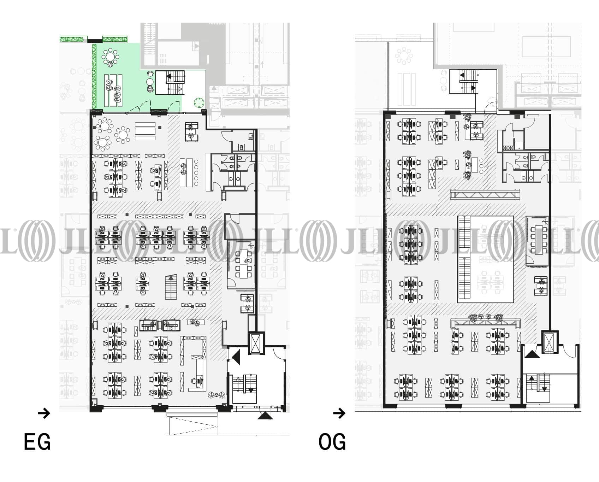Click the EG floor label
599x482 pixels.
click(x=37, y=442)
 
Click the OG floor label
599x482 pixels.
click(x=332, y=442)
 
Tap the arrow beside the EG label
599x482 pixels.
click(x=44, y=413)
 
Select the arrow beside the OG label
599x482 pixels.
click(x=339, y=413)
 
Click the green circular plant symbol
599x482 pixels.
click(x=199, y=103)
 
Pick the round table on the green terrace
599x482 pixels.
click(x=111, y=56)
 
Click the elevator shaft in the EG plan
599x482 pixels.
click(x=255, y=343)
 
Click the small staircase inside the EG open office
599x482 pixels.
click(x=171, y=288)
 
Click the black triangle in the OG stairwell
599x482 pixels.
click(x=532, y=354)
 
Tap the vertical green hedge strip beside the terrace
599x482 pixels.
click(x=94, y=76)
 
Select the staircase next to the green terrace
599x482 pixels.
click(x=171, y=82)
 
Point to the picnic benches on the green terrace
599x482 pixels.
click(x=113, y=90)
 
